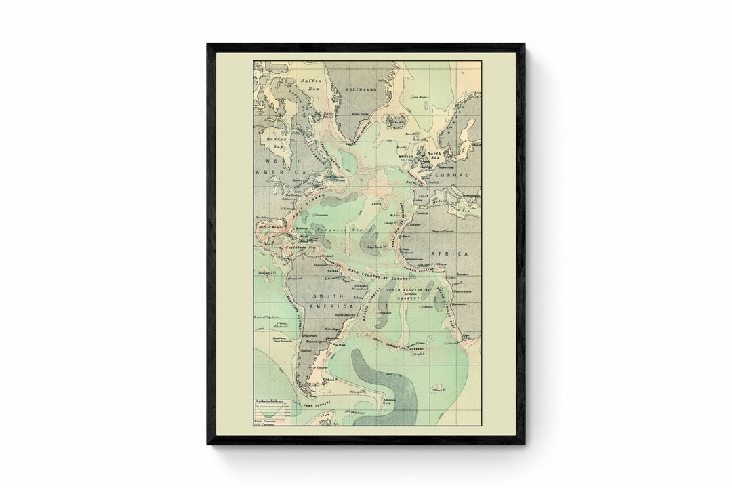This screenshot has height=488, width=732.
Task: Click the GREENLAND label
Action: [x=361, y=89]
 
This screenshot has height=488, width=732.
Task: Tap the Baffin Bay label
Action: [x=311, y=84]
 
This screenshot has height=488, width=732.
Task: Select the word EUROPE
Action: [x=455, y=175]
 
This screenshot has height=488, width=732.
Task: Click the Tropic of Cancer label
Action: [x=447, y=231]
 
